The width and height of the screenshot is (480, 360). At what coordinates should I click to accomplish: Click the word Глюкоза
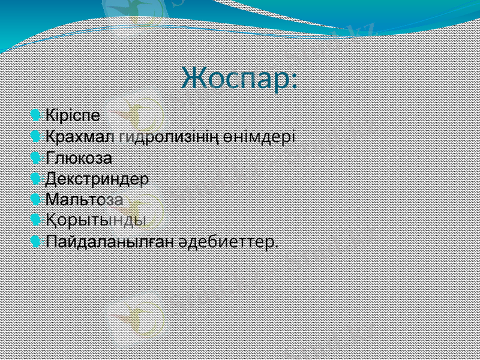79,158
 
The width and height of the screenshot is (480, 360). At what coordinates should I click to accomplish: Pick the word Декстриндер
98,179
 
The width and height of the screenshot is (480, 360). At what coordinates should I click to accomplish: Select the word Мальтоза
85,199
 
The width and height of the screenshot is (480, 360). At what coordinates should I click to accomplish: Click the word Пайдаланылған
110,242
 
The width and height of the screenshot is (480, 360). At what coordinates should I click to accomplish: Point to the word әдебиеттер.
229,242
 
